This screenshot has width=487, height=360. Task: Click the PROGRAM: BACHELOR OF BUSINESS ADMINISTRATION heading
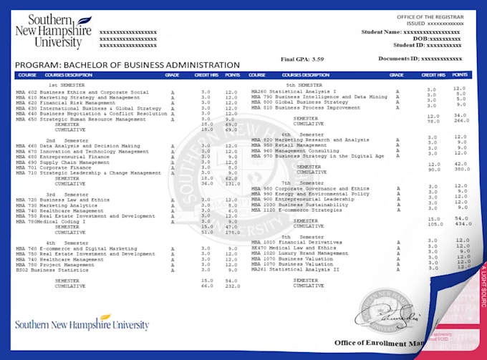(x=116, y=65)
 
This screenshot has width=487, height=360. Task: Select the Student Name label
(x=382, y=31)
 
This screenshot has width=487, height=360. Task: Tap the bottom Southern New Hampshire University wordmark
(x=82, y=324)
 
